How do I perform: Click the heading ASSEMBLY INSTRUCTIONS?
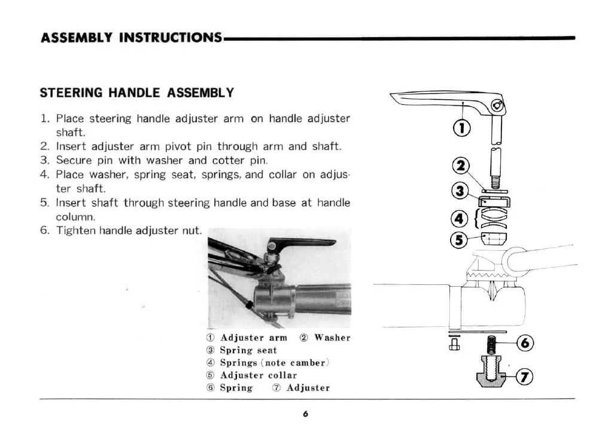[131, 37]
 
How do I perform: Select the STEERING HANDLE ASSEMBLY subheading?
[136, 93]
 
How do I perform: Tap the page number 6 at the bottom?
[305, 414]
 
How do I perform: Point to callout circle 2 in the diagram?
[463, 166]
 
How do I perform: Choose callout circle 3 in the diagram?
[461, 192]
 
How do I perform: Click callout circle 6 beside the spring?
[524, 344]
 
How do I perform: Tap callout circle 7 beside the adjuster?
[524, 377]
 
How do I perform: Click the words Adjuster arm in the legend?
[253, 338]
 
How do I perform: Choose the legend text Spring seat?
[248, 350]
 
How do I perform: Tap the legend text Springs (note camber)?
[275, 363]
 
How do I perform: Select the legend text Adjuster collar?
[258, 375]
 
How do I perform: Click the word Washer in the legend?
[332, 338]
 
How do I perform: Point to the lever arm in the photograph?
[302, 244]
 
